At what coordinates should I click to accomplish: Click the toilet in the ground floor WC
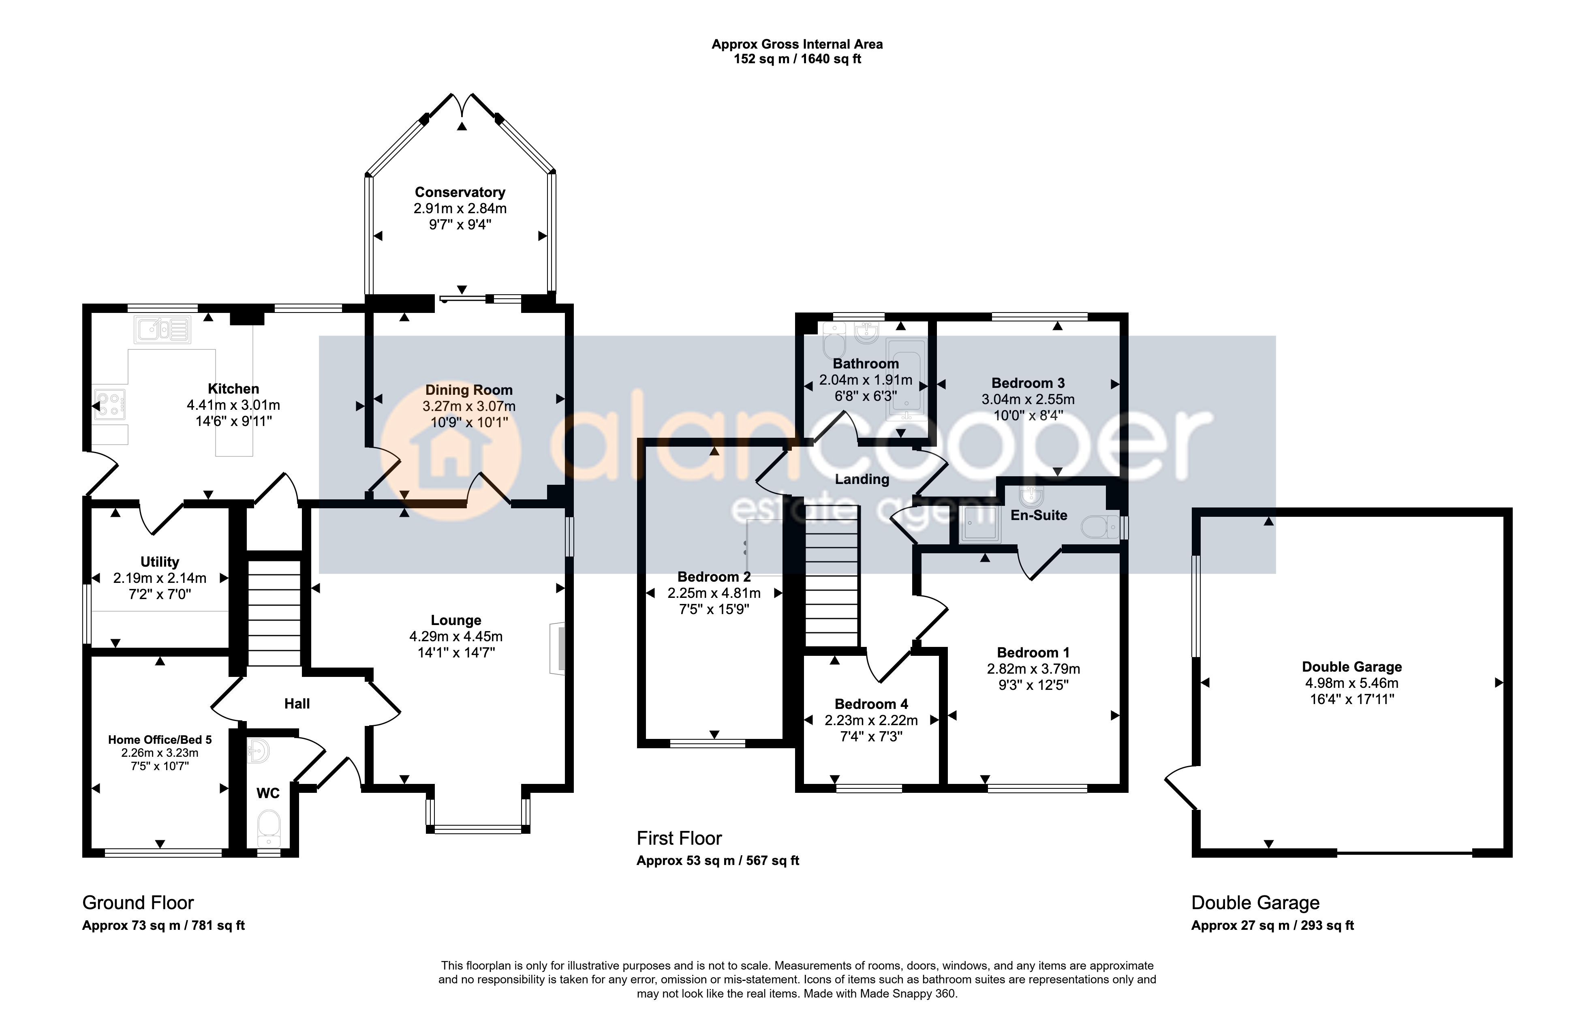coord(268,828)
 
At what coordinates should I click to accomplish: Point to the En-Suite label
coord(1039,515)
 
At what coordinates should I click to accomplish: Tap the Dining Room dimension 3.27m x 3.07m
coord(469,406)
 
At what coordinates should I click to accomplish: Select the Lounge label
coord(456,620)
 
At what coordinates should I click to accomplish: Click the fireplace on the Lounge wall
coord(558,649)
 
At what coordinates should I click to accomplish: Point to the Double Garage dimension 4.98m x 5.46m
coord(1352,683)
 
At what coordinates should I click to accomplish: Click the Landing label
coord(862,479)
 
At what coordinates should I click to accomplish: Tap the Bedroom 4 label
coord(871,704)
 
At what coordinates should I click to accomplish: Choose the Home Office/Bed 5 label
coord(160,739)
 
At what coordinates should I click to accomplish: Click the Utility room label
coord(160,562)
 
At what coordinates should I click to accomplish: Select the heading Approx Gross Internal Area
coord(797,45)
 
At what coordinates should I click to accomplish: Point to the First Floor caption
coord(679,838)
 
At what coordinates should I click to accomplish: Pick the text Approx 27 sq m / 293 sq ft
coord(1272,926)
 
